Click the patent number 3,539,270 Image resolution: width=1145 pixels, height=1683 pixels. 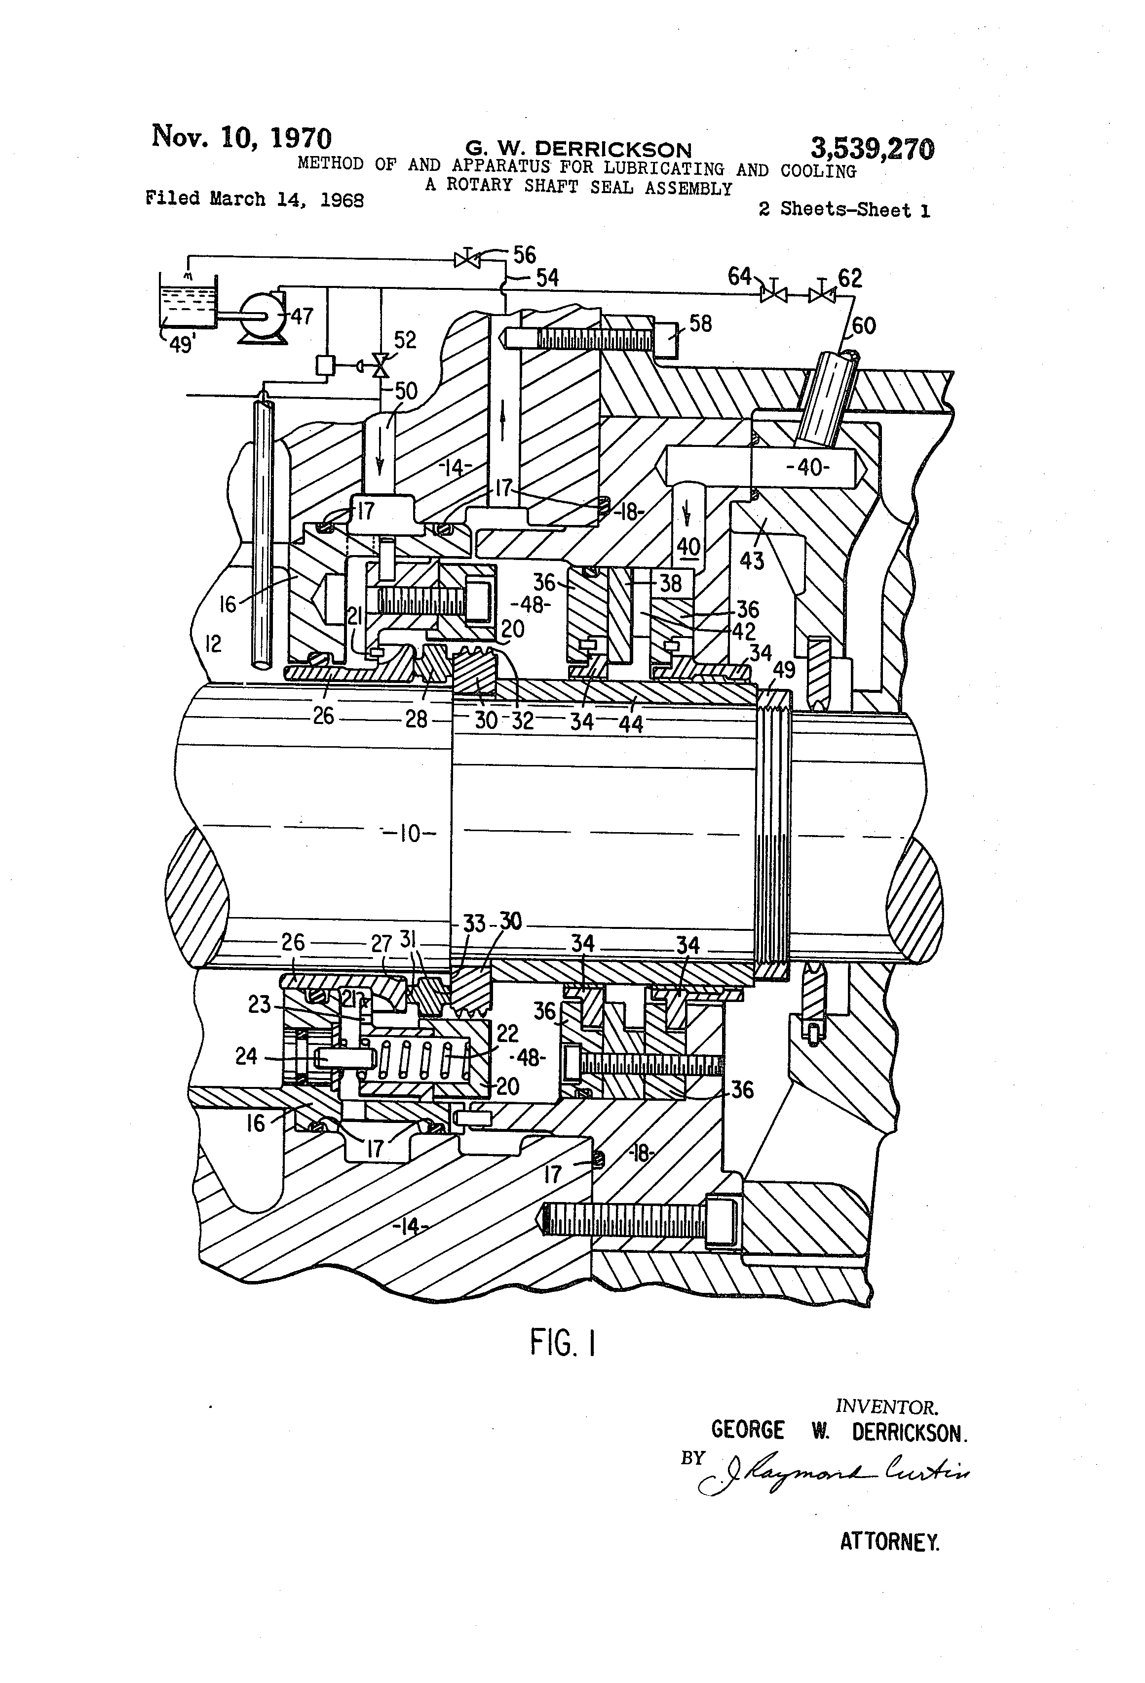pos(872,149)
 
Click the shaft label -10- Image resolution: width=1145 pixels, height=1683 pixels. pos(410,834)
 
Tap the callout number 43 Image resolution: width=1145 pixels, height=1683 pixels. pos(752,560)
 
